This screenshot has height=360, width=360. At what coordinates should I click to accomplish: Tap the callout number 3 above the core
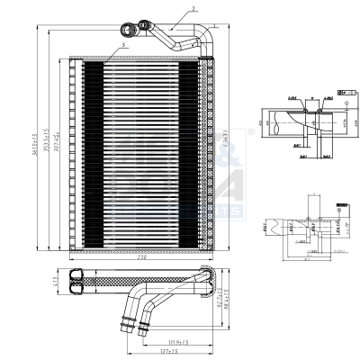point(121,44)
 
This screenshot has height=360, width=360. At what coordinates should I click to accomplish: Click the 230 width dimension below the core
point(141,257)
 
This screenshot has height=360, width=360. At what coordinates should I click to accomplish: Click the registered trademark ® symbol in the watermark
point(250,131)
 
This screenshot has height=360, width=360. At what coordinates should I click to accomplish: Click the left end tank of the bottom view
point(77,280)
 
